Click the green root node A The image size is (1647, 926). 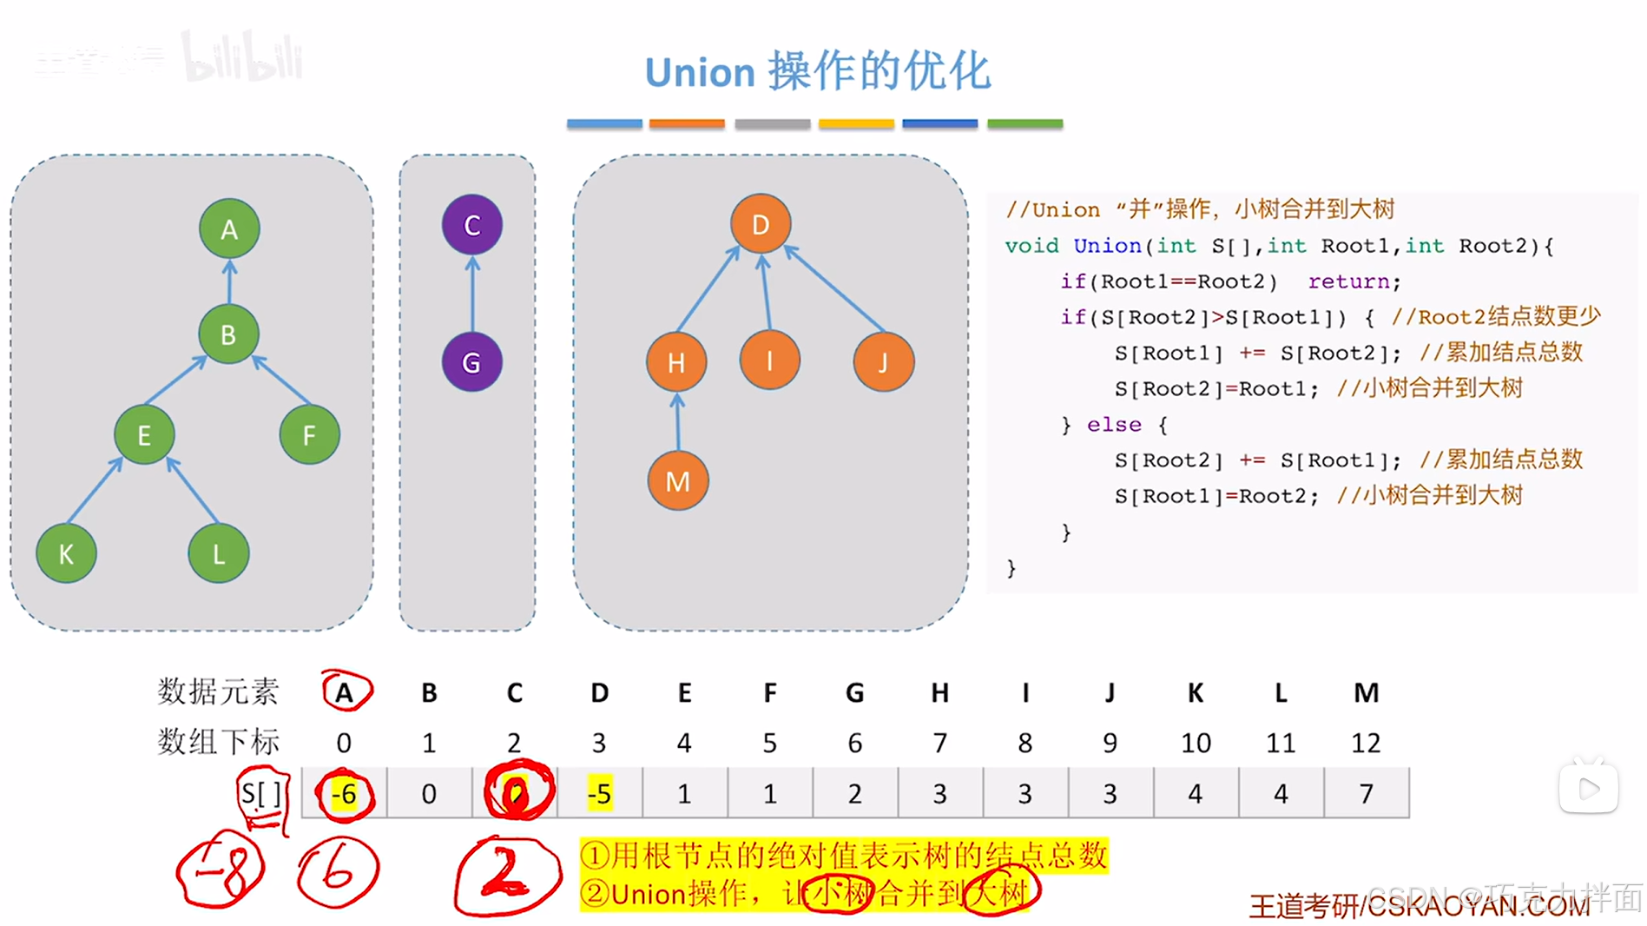pos(228,228)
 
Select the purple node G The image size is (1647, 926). pos(471,361)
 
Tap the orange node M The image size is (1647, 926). pos(677,480)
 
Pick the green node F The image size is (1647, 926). pos(309,434)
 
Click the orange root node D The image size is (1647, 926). pos(760,224)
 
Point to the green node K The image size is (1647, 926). pos(66,553)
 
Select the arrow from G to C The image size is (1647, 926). pos(472,294)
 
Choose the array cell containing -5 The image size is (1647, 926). pos(599,793)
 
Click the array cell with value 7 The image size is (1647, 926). pos(1366,793)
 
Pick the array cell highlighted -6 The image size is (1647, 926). pos(344,793)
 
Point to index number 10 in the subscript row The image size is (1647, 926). pos(1195,743)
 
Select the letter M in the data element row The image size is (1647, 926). pos(1366,692)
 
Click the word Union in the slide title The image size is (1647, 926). pos(700,72)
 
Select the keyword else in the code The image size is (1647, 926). pos(1113,424)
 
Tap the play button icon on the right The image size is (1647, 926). pos(1589,788)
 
